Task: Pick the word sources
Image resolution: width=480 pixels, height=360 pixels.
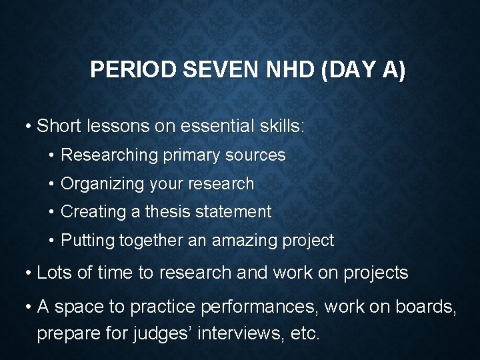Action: tap(256, 155)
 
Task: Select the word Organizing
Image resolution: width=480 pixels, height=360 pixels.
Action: tap(98, 183)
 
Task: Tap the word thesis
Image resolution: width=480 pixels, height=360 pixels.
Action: tap(171, 212)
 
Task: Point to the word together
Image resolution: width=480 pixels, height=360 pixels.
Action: tap(151, 241)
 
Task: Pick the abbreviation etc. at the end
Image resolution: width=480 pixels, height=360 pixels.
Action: tap(305, 332)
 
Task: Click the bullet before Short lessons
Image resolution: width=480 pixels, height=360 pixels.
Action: tap(29, 126)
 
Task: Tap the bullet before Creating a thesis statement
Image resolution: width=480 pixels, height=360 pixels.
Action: tap(52, 213)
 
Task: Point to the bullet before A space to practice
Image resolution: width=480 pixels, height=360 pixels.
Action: tap(29, 307)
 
